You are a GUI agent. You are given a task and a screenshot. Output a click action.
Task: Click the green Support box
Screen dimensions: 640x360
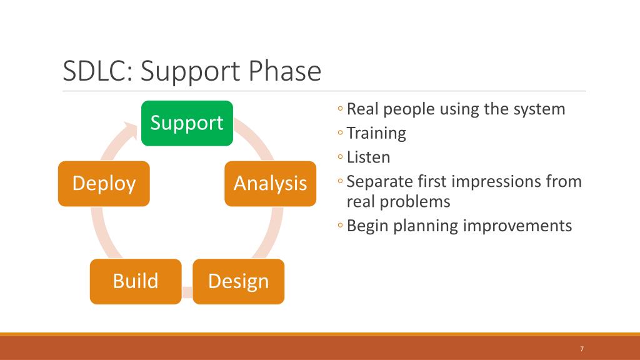(x=187, y=123)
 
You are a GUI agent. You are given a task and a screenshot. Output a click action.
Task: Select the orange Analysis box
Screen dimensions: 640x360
(x=270, y=184)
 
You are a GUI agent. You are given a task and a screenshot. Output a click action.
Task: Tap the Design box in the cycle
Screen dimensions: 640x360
(x=238, y=282)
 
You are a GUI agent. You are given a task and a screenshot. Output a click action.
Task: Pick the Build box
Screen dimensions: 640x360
(x=136, y=282)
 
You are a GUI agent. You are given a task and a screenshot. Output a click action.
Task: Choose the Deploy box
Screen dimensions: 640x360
(x=104, y=184)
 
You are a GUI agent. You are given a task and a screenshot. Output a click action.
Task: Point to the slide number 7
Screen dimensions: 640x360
(x=582, y=349)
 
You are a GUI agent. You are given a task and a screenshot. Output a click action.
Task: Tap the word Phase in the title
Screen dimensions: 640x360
(x=284, y=71)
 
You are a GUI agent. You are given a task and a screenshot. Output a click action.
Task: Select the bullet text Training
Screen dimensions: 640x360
(x=376, y=134)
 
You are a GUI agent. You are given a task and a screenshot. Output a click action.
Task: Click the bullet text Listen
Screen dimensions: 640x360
(x=369, y=157)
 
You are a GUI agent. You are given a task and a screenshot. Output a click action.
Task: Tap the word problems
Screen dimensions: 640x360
(x=415, y=202)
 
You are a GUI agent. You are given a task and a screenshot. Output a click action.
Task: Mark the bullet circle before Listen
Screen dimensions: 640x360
(x=341, y=157)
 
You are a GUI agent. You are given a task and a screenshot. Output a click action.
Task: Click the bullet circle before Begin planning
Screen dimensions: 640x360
(x=341, y=225)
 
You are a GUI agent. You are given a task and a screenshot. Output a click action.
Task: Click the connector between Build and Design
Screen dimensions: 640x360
(x=187, y=292)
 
